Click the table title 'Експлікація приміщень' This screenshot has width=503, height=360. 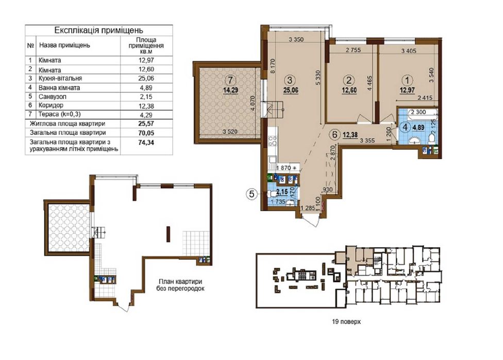pos(98,30)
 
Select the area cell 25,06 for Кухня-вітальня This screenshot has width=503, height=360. pos(146,78)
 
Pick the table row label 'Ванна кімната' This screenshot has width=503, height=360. pos(59,88)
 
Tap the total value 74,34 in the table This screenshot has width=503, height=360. pos(146,142)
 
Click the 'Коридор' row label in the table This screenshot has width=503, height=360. pos(51,105)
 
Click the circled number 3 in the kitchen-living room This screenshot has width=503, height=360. pos(290,80)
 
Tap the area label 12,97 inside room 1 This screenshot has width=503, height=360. pos(407,90)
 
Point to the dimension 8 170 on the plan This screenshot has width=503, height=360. pos(273,66)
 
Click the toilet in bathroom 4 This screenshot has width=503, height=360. pos(432,138)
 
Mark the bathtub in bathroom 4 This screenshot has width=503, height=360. pos(417,112)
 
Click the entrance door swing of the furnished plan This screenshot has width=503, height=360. pos(311,220)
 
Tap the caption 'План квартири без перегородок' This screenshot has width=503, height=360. pos(180,285)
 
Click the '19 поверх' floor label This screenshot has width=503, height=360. pos(346,321)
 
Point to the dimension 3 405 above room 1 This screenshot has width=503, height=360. pos(409,50)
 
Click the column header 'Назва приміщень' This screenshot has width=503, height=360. pos(64,45)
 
